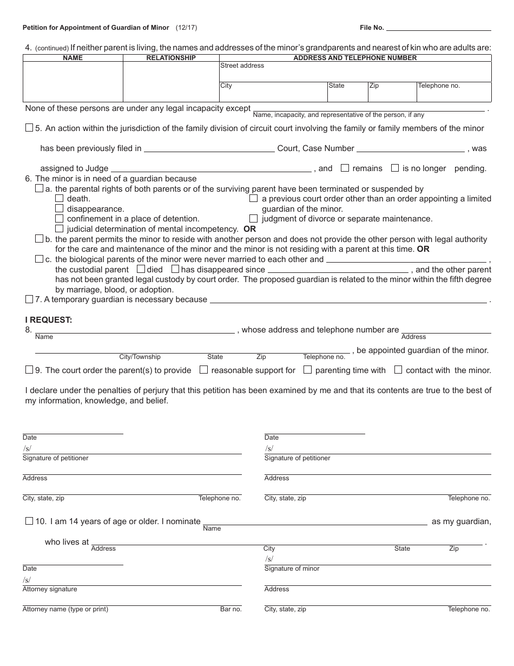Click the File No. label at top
(372, 28)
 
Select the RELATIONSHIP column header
(171, 58)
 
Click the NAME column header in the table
(73, 58)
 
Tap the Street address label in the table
(242, 66)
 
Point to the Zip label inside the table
(374, 86)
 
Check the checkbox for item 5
(29, 128)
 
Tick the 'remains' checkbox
(345, 168)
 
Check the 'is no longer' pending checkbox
(395, 168)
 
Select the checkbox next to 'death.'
(60, 199)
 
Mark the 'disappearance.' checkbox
(60, 208)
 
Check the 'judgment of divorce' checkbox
(254, 219)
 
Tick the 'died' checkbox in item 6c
(141, 269)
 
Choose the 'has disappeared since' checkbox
(175, 269)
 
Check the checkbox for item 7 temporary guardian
(29, 299)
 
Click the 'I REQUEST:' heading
(49, 319)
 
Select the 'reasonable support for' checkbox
(204, 370)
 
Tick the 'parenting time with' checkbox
(307, 370)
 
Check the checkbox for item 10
(29, 521)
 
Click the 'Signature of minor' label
(292, 569)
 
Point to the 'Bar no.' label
(230, 609)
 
